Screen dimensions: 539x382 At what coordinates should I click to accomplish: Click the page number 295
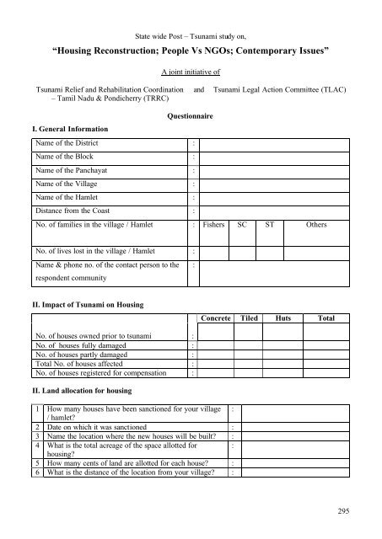pyautogui.click(x=344, y=511)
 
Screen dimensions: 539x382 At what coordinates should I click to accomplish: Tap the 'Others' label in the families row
pyautogui.click(x=317, y=225)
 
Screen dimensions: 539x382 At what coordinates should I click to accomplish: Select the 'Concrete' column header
pyautogui.click(x=215, y=319)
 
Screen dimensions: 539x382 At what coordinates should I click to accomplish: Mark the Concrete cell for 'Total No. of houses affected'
pyautogui.click(x=215, y=364)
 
